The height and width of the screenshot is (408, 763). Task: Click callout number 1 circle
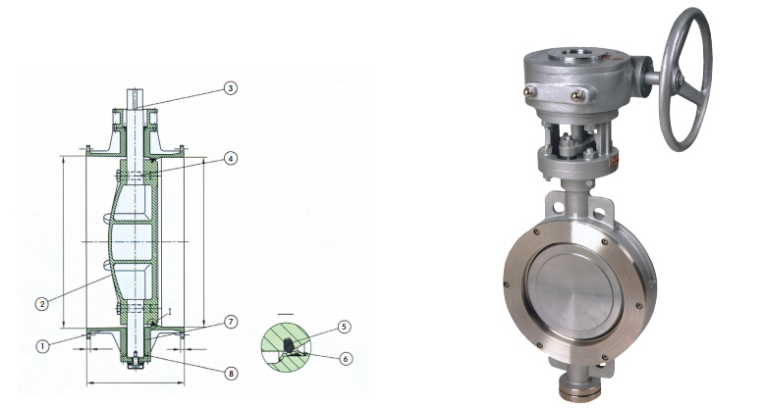43,346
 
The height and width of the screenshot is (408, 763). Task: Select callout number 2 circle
42,304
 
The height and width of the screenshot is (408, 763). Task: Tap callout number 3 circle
231,88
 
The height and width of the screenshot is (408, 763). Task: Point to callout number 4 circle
231,159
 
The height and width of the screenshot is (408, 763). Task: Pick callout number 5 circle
344,327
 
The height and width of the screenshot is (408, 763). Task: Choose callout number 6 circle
345,359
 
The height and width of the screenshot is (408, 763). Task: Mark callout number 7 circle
231,322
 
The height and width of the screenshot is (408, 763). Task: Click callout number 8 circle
231,373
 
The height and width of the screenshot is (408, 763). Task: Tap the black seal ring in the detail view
289,345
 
